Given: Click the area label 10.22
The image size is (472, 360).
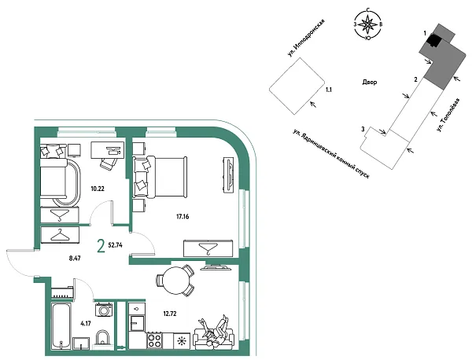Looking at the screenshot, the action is (98, 189).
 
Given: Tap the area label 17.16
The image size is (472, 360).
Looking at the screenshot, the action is (183, 216).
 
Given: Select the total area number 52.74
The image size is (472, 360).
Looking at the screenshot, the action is (115, 245).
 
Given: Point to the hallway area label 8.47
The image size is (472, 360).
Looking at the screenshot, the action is (75, 258).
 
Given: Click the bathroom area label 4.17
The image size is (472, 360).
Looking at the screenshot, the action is (86, 324).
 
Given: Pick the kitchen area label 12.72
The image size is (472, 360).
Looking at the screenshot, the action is (170, 314).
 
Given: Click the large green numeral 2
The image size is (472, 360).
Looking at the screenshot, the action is (101, 246).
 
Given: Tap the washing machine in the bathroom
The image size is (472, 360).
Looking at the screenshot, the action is (104, 310).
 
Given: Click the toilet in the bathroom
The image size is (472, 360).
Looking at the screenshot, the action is (102, 340).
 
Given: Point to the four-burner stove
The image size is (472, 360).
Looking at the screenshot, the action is (154, 341).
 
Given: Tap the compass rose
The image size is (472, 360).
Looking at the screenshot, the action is (367, 24).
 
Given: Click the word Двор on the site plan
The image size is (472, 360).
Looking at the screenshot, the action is (370, 82).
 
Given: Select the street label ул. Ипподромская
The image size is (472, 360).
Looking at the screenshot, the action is (306, 39).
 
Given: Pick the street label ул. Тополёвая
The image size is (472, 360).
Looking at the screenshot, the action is (449, 115).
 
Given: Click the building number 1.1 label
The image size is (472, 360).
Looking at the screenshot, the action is (329, 90).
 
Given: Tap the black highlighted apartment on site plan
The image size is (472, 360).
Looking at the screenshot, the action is (434, 40).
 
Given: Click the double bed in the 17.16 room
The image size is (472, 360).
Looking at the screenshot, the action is (160, 177).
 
